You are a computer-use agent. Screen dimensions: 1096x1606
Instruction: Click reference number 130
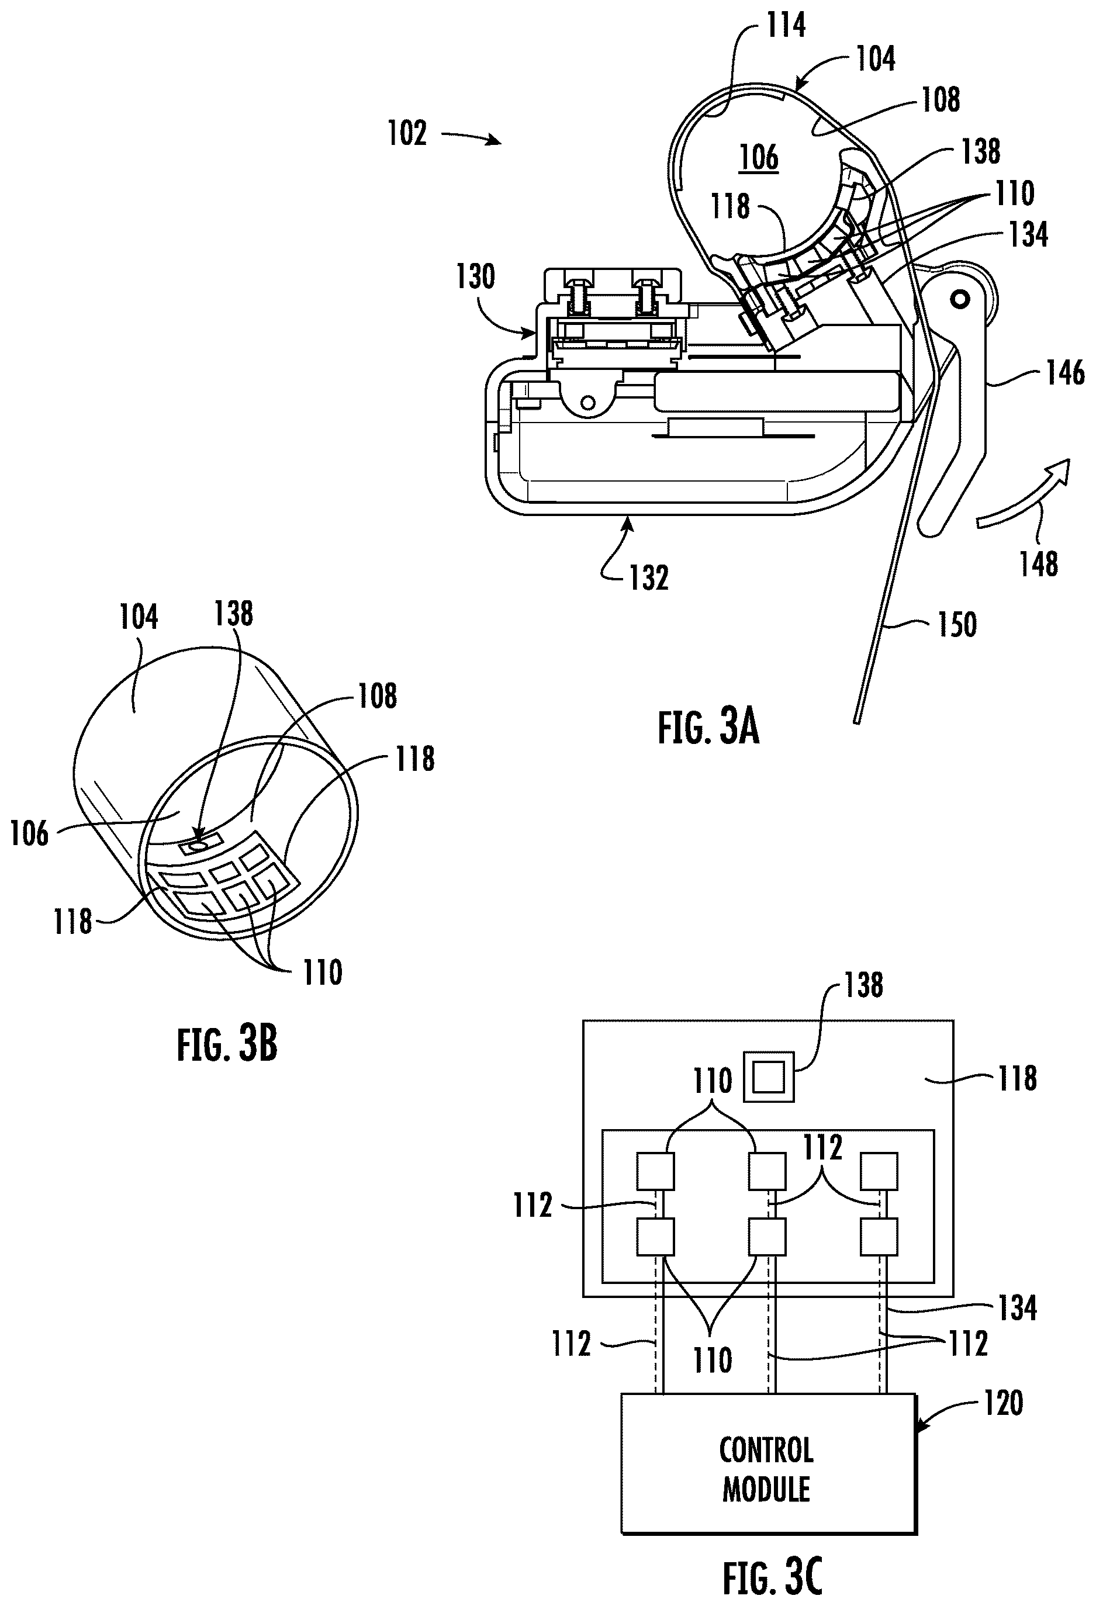[x=475, y=276]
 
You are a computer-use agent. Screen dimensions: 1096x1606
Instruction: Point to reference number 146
[x=1065, y=374]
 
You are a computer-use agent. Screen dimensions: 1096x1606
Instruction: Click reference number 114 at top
[x=786, y=25]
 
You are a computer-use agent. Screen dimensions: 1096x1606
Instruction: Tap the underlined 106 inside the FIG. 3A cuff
[x=759, y=158]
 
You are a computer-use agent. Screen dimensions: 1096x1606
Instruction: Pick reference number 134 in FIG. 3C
[x=1017, y=1308]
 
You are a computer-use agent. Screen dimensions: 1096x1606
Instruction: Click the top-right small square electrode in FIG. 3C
[x=879, y=1171]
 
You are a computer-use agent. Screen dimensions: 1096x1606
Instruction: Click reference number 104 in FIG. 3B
[x=139, y=617]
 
